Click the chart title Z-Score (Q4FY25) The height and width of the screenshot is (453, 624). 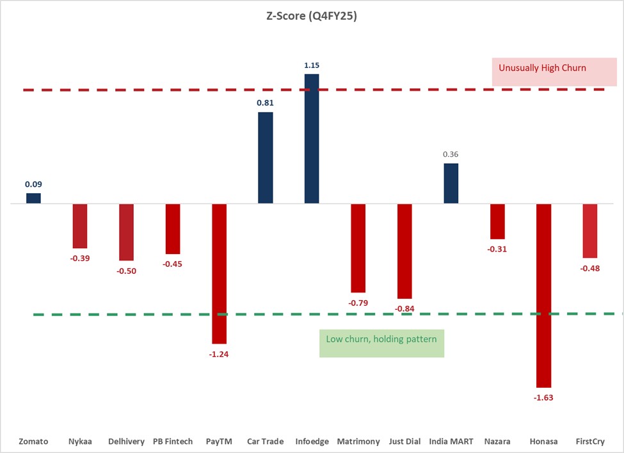click(312, 17)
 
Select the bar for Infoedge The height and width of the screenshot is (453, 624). click(312, 139)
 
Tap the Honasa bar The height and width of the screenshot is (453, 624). click(543, 296)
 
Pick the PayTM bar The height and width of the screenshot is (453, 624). click(219, 274)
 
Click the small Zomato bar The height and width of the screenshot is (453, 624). click(33, 198)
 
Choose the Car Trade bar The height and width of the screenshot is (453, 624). click(266, 158)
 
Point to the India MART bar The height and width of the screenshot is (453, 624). click(451, 184)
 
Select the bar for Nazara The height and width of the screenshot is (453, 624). click(497, 221)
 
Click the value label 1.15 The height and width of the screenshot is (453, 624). click(312, 65)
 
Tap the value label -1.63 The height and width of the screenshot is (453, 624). click(543, 397)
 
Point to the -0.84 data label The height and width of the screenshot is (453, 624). click(404, 309)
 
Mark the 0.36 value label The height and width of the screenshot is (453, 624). click(451, 154)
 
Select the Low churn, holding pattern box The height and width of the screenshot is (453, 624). click(381, 343)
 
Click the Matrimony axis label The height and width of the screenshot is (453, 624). click(358, 441)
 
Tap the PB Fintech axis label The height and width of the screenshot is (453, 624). click(173, 441)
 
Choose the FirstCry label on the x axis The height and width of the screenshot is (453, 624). click(589, 441)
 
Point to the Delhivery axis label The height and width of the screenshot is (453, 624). click(126, 441)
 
